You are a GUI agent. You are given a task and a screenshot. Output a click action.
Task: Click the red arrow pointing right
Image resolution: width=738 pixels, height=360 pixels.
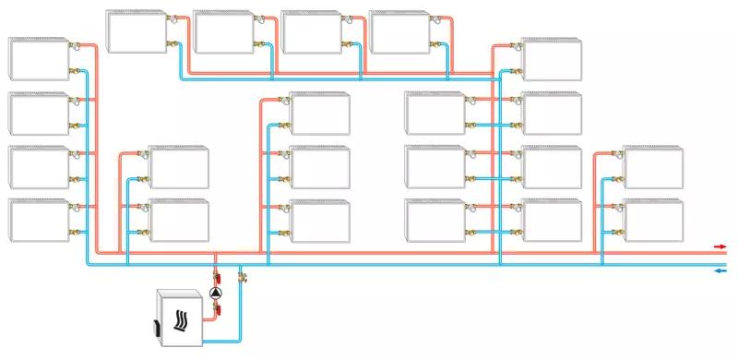[x=720, y=247]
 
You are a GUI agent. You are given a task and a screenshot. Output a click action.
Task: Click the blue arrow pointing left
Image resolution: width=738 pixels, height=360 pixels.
[x=720, y=270]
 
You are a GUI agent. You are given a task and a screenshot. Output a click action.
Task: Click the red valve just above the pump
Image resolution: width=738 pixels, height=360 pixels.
[x=217, y=276]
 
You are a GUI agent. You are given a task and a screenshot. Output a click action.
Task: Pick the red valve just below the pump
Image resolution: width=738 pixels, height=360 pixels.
[x=217, y=311]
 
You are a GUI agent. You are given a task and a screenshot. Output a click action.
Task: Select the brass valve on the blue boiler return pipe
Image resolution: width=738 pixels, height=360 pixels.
[x=244, y=274]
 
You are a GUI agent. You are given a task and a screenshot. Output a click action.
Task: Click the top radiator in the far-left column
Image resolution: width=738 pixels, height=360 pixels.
[x=39, y=59]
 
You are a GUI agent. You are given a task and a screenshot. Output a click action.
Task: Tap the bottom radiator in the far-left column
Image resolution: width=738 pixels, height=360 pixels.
[x=39, y=220]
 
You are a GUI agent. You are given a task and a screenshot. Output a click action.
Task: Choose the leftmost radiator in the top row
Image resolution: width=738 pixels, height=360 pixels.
[x=136, y=31]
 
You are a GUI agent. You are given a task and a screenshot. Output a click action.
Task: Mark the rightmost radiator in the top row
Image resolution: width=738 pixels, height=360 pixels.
[x=399, y=31]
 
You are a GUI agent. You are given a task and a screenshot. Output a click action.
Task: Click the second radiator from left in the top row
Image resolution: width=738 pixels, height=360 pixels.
[x=223, y=31]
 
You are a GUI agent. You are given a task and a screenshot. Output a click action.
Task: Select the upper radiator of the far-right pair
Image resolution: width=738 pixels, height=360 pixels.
[x=652, y=167]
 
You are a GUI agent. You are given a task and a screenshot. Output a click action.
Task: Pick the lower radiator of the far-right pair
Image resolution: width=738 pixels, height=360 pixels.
[x=652, y=220]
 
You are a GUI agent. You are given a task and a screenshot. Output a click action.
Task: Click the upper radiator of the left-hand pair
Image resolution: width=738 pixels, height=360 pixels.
[x=179, y=167]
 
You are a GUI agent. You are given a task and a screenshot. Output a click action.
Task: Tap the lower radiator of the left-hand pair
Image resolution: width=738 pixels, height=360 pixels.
[x=179, y=220]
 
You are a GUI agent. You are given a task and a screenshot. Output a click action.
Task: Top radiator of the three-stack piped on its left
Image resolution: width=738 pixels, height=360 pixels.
[x=320, y=113]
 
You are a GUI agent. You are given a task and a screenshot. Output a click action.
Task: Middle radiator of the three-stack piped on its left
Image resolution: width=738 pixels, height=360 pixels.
[x=320, y=167]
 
